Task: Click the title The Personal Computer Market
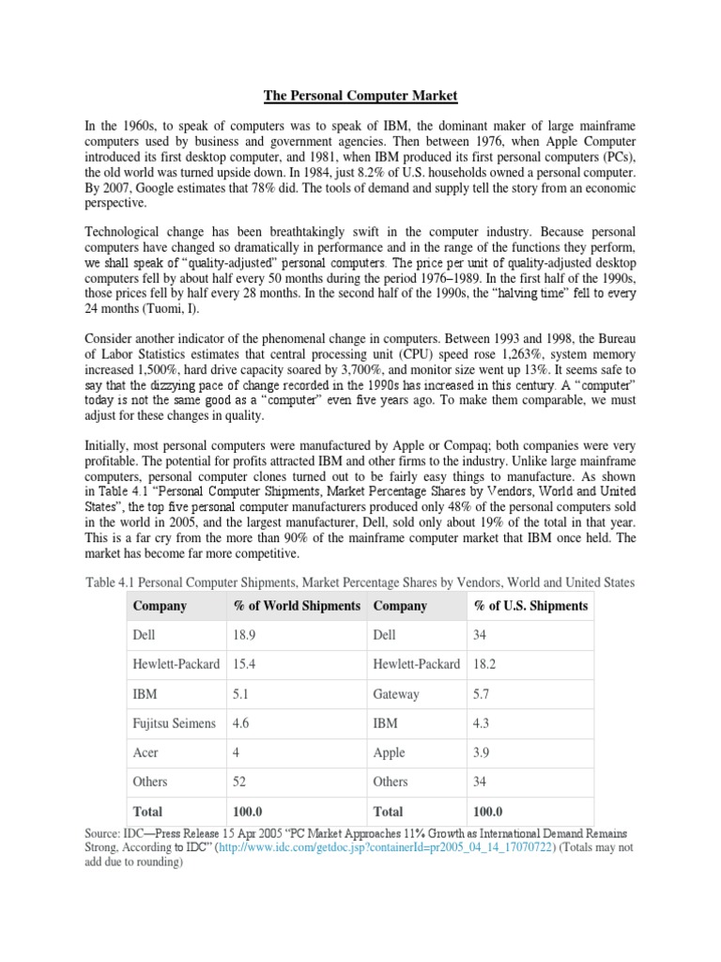[x=360, y=95]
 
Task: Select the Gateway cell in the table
[x=396, y=694]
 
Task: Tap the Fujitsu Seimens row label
[x=175, y=723]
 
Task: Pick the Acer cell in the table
[x=147, y=753]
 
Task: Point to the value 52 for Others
[x=240, y=782]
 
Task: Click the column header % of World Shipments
[x=297, y=606]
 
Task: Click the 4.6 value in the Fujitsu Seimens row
[x=242, y=723]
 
